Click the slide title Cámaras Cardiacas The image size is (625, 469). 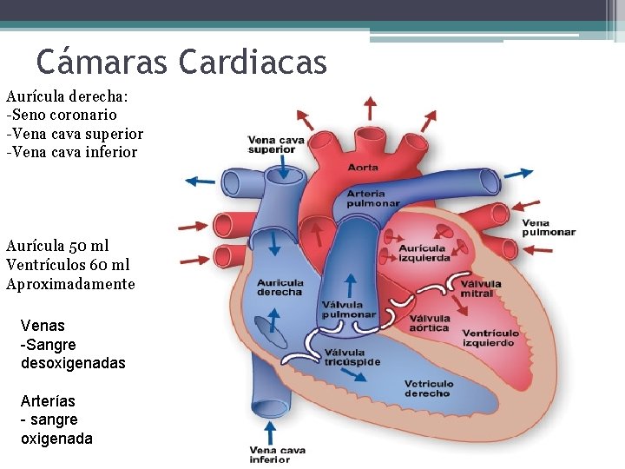coord(181,62)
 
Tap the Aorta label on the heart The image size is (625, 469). coord(363,167)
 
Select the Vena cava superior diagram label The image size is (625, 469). coord(276,144)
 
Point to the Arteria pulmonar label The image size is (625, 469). coord(373,198)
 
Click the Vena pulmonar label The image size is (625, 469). coord(549,228)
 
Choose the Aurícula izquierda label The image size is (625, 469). coord(424,253)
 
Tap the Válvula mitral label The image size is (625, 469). coord(481,288)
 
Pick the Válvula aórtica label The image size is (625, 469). coord(429,322)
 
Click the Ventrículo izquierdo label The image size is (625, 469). coord(490,337)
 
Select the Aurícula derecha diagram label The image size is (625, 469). coord(280,287)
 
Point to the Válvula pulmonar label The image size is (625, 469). coord(349,309)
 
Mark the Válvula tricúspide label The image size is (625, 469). coord(352,357)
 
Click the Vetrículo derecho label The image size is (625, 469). coord(428,388)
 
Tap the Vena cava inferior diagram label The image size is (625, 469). coord(276,454)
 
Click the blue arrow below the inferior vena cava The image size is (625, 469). coord(269,432)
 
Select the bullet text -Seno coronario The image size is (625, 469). coord(62,115)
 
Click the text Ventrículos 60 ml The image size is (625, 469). coord(68,265)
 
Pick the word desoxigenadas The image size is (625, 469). coord(73,363)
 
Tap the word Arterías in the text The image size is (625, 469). coord(48,401)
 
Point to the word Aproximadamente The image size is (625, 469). coord(70,284)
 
